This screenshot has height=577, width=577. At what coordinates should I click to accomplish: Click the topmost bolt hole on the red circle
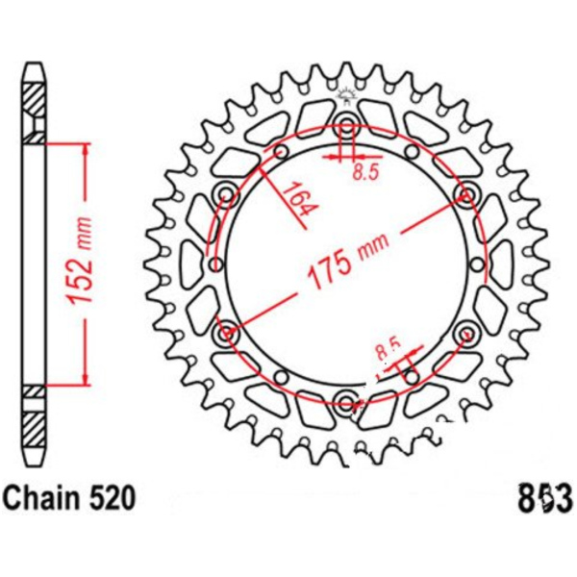pyautogui.click(x=347, y=124)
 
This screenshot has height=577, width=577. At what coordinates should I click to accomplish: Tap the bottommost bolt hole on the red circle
pyautogui.click(x=347, y=400)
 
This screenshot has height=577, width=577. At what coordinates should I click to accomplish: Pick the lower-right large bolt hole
pyautogui.click(x=467, y=333)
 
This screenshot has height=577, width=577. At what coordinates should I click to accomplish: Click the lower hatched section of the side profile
pyautogui.click(x=34, y=423)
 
